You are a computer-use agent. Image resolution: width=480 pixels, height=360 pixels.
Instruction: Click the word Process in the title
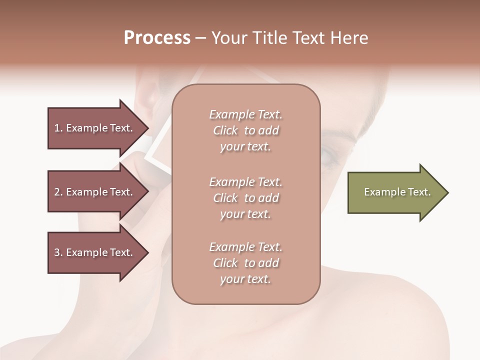[157, 38]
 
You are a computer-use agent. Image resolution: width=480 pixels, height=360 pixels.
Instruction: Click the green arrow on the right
[395, 192]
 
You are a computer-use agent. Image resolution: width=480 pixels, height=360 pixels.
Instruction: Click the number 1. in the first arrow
[58, 128]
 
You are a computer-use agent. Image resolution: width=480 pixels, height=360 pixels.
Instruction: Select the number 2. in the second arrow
[58, 192]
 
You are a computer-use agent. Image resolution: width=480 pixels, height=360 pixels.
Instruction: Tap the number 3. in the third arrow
[58, 252]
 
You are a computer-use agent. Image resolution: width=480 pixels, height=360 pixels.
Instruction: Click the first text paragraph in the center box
[245, 130]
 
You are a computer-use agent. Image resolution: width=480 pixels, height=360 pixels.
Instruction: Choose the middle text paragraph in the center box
[245, 198]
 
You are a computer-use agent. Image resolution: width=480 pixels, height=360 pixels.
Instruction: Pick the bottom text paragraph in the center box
[245, 263]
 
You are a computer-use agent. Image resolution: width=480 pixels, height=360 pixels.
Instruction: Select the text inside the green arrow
[397, 192]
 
